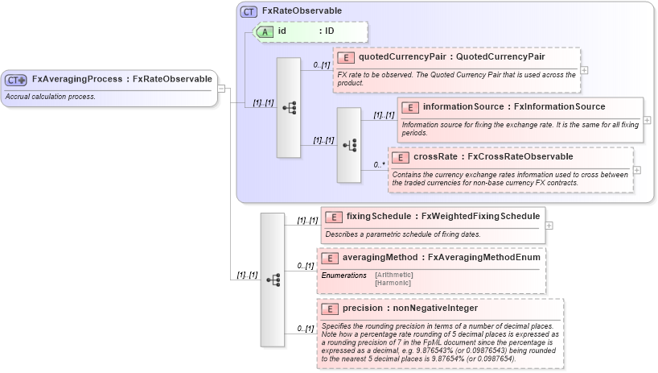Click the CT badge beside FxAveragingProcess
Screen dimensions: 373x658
16,80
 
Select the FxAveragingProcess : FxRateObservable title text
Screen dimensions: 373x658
121,79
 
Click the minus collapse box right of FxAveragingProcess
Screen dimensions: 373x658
222,88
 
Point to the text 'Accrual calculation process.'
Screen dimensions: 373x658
51,97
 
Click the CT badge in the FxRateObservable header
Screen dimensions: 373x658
249,11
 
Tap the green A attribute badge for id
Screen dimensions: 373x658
265,31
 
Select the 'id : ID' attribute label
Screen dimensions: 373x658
305,31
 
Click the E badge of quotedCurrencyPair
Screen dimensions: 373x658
345,57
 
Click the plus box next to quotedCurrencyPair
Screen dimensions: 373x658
584,70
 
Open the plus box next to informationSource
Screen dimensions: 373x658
647,120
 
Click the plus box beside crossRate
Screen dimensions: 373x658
637,170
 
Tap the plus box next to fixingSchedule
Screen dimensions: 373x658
549,225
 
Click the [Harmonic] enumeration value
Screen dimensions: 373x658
393,283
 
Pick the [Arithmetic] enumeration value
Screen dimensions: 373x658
394,276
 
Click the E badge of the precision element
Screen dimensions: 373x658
330,309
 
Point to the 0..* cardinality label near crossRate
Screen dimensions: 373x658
379,165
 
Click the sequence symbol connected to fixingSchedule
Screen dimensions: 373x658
273,279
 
